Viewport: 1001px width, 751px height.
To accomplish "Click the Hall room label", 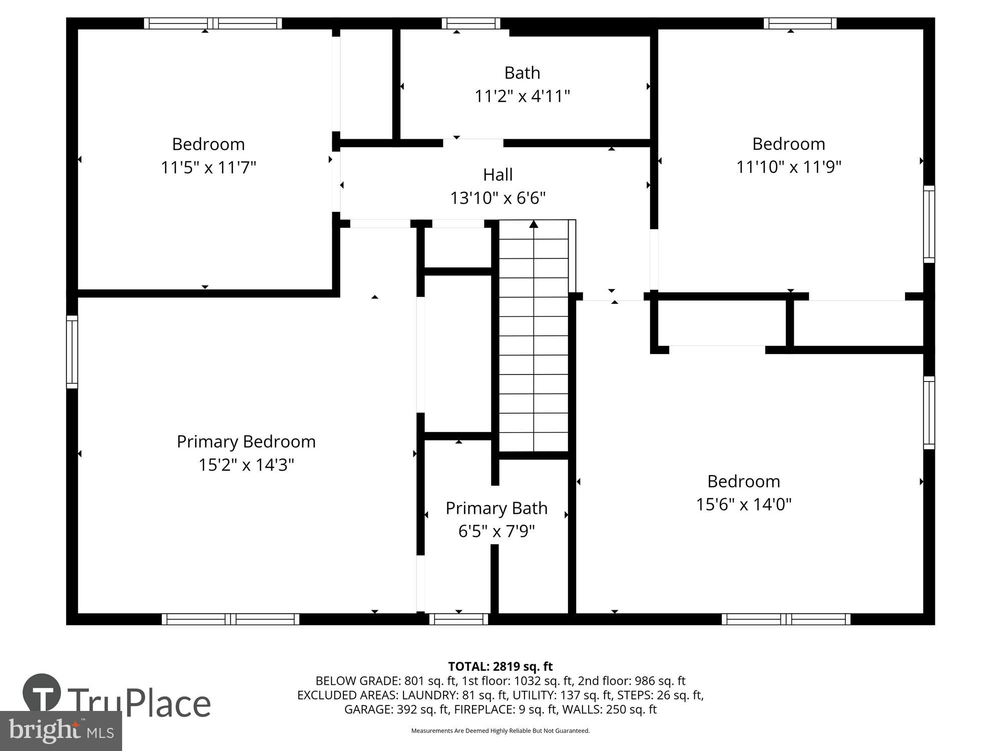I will click(x=497, y=175).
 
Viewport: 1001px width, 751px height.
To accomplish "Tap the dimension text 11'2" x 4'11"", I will click(x=522, y=96).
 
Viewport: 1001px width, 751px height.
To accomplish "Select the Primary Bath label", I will click(x=496, y=508).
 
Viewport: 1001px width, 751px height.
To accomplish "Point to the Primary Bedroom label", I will click(x=246, y=442).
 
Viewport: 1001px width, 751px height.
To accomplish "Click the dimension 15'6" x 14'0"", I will click(x=743, y=504).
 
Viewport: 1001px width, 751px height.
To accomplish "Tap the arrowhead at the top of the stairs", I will click(x=534, y=224).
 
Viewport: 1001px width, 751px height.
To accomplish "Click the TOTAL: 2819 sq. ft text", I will click(x=500, y=666).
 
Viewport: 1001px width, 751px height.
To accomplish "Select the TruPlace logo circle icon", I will click(x=42, y=693).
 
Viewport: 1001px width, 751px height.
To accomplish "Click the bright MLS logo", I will click(x=61, y=731).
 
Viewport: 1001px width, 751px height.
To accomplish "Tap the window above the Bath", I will click(x=470, y=24).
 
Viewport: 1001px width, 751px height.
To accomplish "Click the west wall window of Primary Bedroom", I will click(x=72, y=351).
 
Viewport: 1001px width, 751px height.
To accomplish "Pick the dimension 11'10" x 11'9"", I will click(x=788, y=167).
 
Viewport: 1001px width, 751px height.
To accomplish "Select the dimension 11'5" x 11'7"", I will click(x=208, y=167).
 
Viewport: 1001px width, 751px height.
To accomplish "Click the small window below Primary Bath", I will click(x=458, y=619).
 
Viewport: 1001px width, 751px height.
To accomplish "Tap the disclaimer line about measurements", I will click(x=500, y=731).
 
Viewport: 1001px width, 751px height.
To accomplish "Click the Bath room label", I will click(x=522, y=73).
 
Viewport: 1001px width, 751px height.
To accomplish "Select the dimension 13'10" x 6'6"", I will click(x=497, y=198).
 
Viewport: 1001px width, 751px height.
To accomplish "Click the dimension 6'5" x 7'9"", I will click(x=496, y=531).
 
